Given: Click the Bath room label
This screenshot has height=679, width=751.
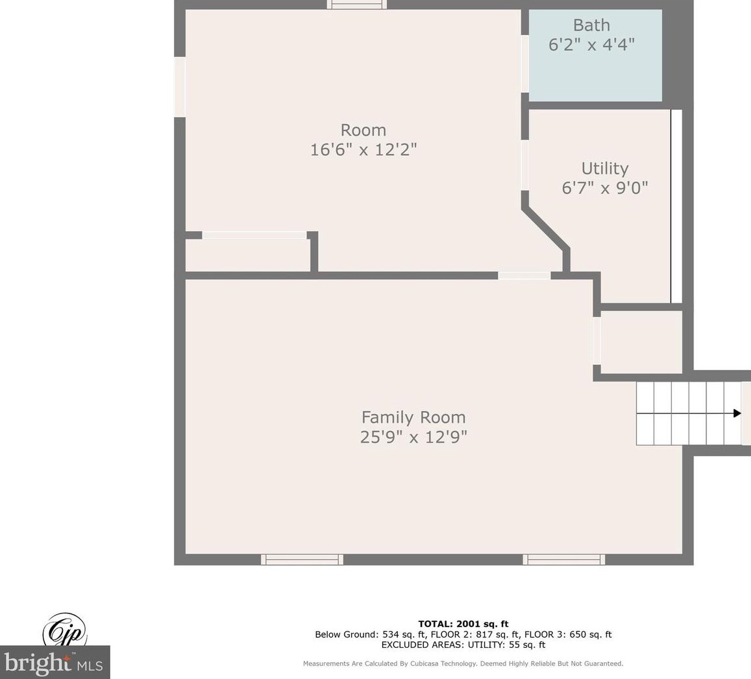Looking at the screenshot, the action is (591, 25).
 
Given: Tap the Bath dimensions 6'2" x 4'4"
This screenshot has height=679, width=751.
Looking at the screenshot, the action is (591, 45).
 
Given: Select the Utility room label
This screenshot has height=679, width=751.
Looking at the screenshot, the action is (605, 169).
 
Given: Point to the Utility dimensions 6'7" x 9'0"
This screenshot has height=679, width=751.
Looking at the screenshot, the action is (605, 188).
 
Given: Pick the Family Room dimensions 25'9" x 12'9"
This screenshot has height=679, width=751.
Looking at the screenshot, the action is (414, 437).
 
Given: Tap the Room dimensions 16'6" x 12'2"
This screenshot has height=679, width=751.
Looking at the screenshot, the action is (363, 149).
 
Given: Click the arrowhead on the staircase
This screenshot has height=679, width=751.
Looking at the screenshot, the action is (737, 414).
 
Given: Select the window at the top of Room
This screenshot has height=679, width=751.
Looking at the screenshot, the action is (357, 5).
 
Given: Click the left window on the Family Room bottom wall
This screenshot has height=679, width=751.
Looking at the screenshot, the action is (302, 560).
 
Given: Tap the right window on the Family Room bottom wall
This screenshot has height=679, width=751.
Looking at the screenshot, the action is (563, 560).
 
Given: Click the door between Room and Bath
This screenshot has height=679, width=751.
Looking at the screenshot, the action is (525, 64).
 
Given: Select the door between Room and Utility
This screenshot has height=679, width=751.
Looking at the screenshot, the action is (525, 165).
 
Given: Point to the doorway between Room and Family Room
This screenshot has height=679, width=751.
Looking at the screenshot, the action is (524, 275).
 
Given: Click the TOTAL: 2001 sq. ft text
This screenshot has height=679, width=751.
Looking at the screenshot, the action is (463, 623).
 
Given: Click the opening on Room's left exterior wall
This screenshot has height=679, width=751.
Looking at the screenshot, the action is (180, 87).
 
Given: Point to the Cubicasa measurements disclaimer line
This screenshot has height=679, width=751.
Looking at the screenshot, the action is (463, 663).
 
